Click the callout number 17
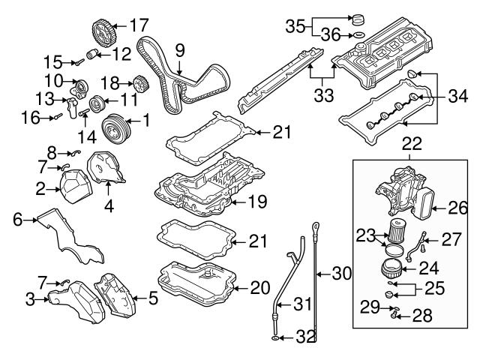pyautogui.click(x=139, y=25)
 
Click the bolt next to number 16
pyautogui.click(x=57, y=116)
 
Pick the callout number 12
pyautogui.click(x=121, y=53)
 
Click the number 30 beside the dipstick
pyautogui.click(x=341, y=274)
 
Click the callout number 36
pyautogui.click(x=331, y=34)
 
